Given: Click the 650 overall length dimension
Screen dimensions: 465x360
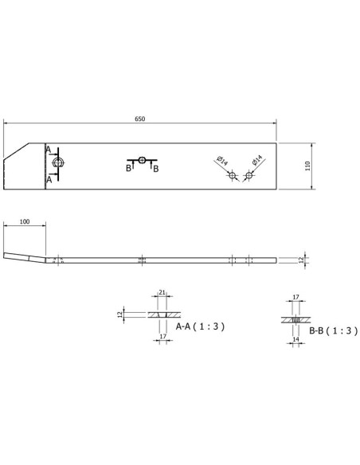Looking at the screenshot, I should coord(139,118).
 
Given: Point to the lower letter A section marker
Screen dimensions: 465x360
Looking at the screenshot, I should coord(48,180).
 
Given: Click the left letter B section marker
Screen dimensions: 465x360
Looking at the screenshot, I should coord(127,169).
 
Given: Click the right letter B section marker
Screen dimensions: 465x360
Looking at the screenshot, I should coord(156,169).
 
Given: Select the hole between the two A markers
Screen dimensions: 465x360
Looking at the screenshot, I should coord(57,164).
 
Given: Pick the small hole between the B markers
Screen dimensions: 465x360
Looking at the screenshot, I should coord(142,160).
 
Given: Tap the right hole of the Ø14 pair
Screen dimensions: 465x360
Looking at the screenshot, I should coord(248,175).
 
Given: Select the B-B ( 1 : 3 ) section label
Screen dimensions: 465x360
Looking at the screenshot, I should coord(328,329).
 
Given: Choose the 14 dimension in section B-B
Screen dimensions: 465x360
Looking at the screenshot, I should coord(296,340).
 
